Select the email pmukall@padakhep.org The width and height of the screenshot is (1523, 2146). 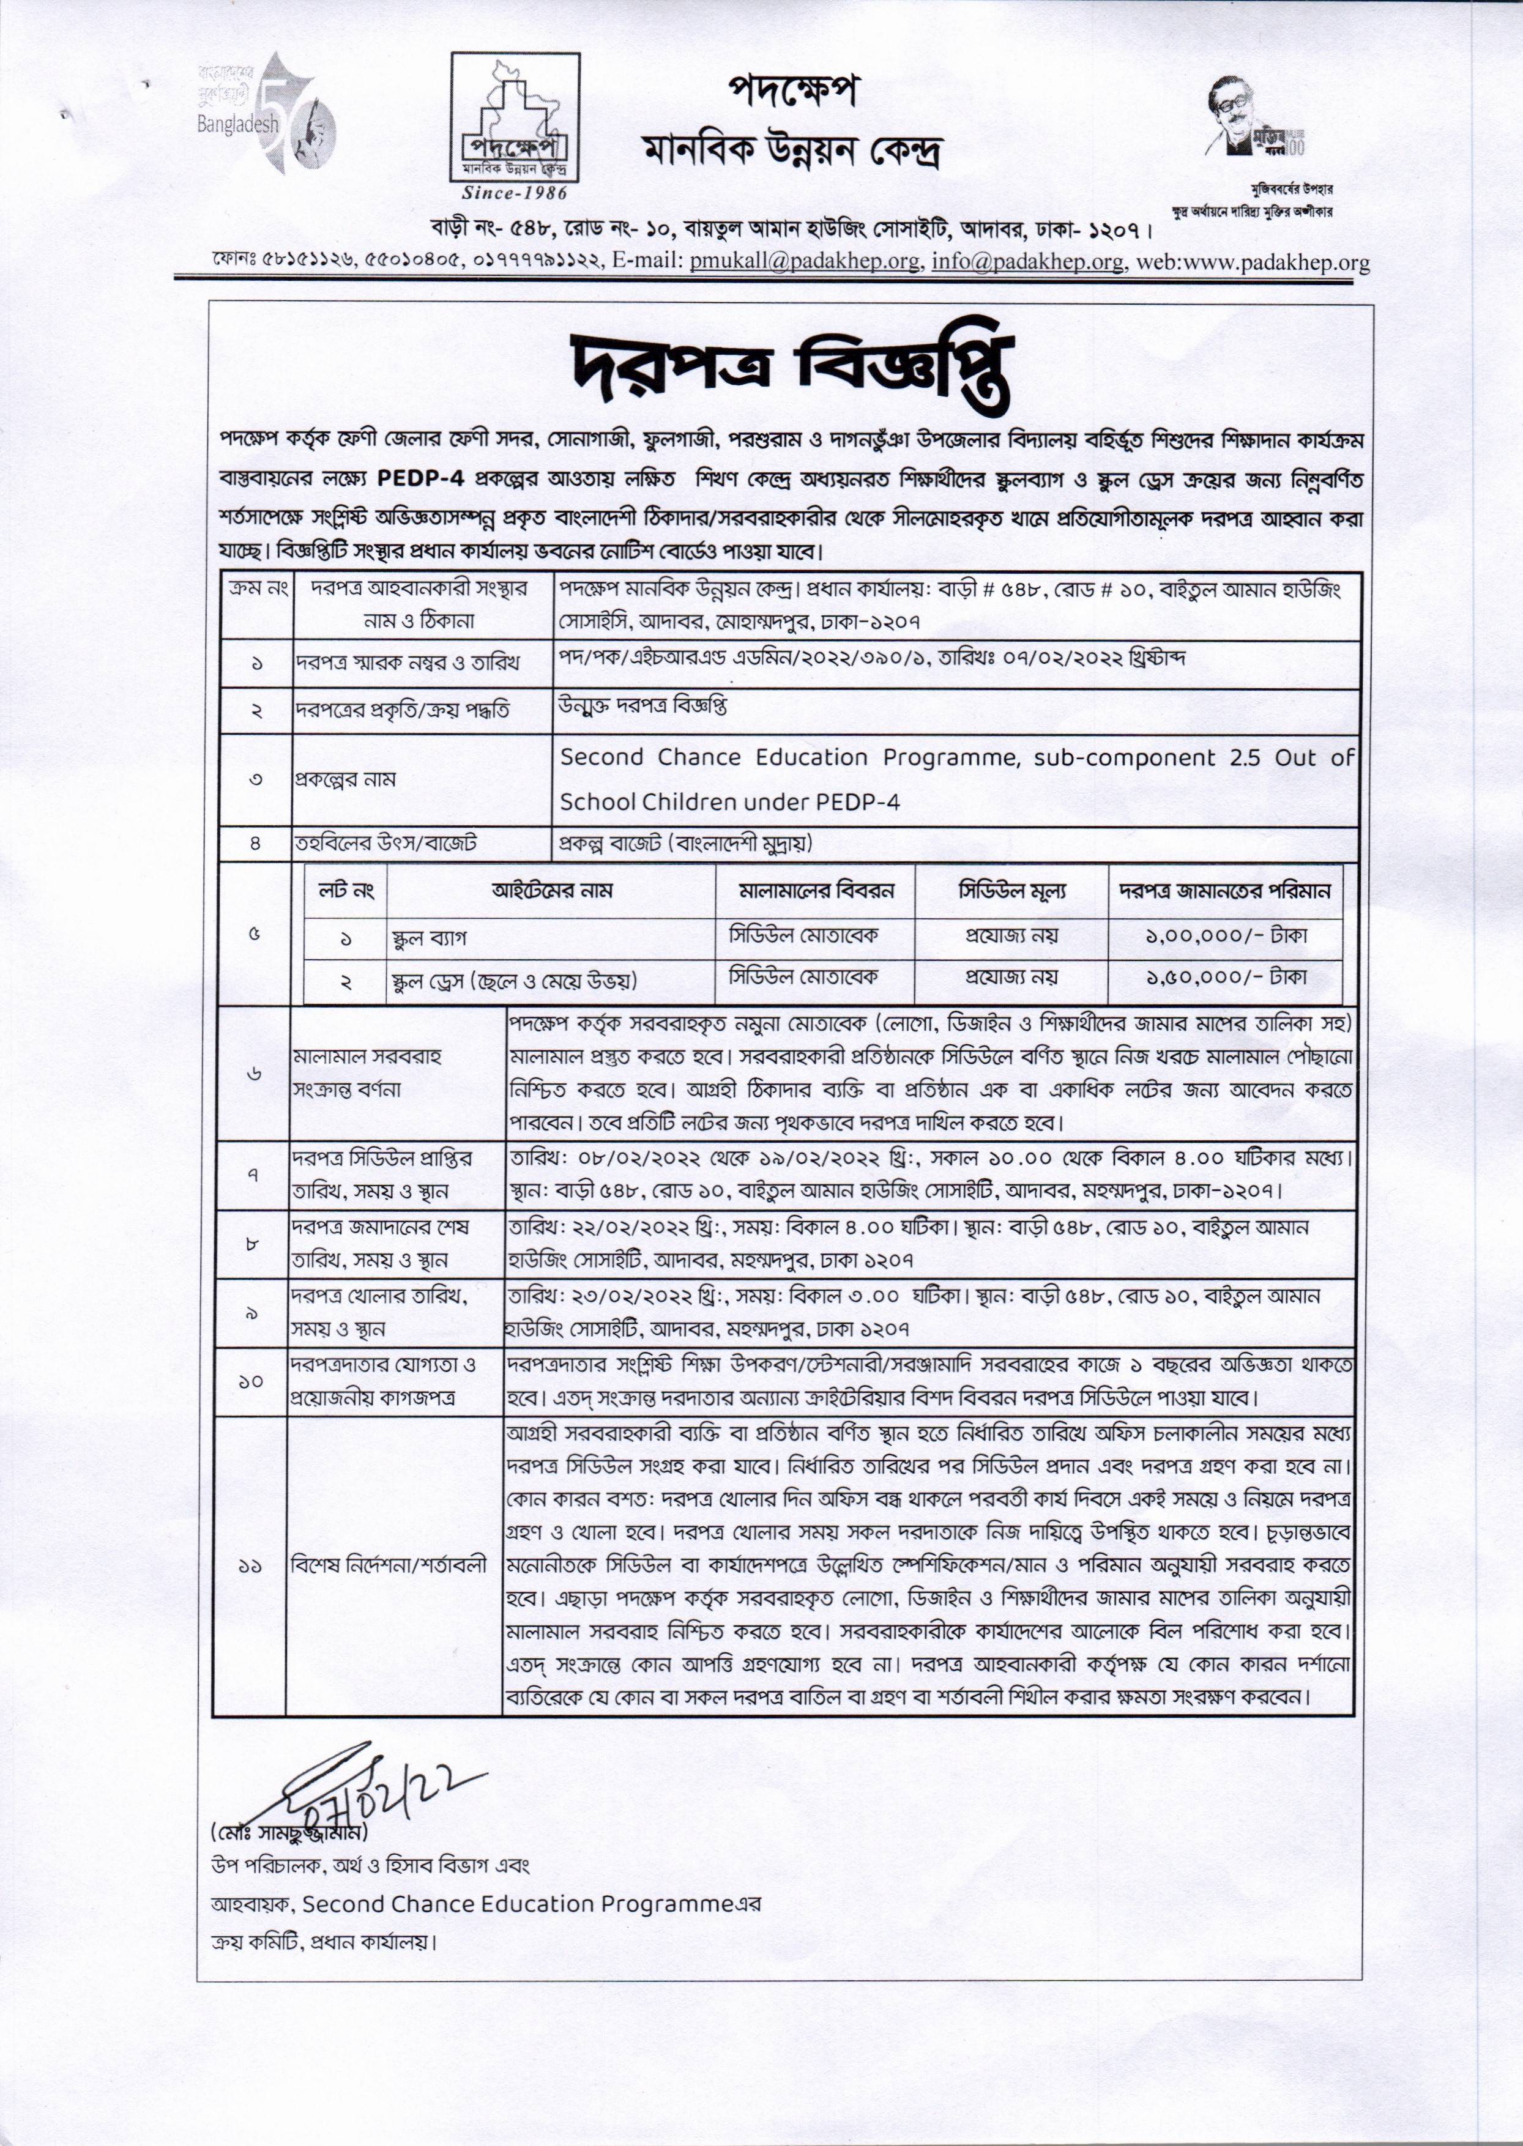803,262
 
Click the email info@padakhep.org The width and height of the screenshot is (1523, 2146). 1027,262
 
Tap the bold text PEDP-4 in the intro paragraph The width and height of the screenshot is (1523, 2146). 428,478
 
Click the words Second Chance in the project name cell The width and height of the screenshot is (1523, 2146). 650,757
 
